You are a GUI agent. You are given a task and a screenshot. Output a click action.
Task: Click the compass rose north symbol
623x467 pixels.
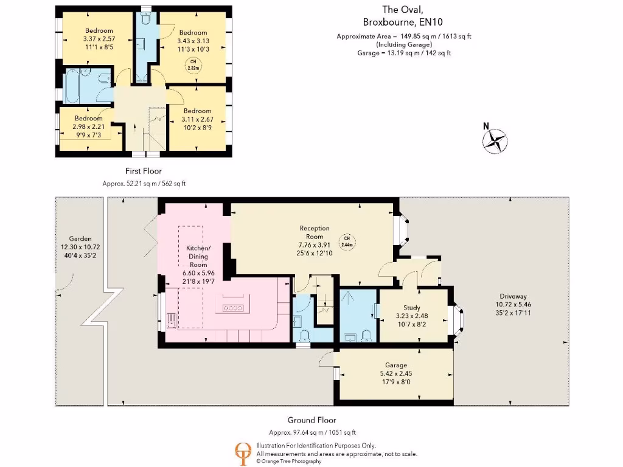(495, 140)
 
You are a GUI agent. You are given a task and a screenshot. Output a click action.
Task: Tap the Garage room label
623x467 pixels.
(395, 365)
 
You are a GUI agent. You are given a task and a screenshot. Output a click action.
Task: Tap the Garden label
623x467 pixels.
(80, 239)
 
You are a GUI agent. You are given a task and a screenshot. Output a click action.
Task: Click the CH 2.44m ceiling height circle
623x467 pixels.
(346, 241)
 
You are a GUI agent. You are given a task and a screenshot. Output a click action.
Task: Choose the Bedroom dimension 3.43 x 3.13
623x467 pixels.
(193, 41)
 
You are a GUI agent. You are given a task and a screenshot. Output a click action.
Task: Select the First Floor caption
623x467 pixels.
(144, 171)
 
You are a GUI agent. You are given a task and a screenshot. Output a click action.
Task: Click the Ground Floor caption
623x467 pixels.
(311, 420)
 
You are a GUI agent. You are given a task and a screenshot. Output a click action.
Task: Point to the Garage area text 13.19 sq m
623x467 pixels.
(404, 53)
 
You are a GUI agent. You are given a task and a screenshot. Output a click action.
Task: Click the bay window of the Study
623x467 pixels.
(459, 316)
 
